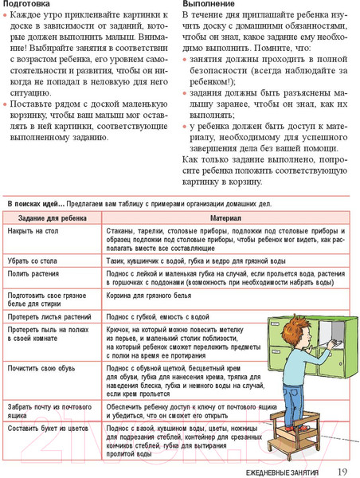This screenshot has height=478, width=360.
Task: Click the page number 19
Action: (x=342, y=472)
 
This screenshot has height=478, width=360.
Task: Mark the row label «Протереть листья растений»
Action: (x=47, y=316)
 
